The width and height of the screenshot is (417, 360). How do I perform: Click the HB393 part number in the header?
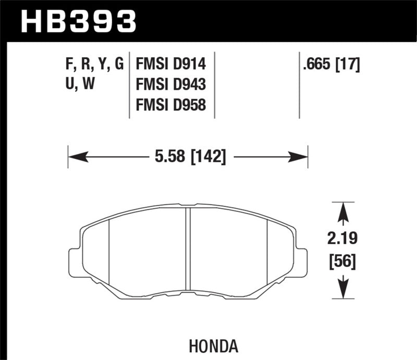point(78,21)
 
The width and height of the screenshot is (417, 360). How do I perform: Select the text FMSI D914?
point(171,65)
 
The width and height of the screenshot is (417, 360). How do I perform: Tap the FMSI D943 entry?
point(171,85)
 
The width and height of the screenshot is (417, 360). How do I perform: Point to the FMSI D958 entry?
point(171,105)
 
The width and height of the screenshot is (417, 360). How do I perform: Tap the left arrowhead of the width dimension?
point(76,156)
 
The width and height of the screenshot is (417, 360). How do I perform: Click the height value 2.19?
point(342,240)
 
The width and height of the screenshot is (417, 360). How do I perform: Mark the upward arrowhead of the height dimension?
point(343,213)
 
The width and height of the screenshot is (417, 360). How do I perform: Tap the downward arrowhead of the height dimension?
point(343,289)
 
